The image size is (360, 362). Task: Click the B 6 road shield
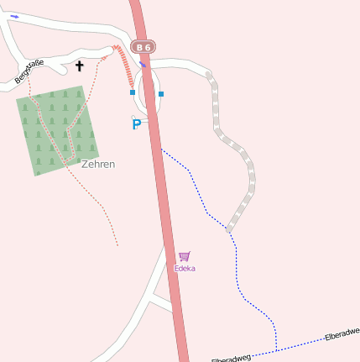[x=144, y=47]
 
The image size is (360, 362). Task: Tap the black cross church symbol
[x=81, y=66]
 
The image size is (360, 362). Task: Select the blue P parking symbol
[x=136, y=124]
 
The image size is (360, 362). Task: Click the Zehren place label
[x=98, y=164]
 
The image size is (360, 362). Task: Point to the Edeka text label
[x=185, y=268]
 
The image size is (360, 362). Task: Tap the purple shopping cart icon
[x=185, y=256]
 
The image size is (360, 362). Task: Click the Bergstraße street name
[x=29, y=71]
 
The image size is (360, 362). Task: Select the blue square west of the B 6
[x=133, y=92]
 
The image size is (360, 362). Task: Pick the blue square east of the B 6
[x=161, y=93]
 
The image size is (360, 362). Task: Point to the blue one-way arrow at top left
[x=15, y=16]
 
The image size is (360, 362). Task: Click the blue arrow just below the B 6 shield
[x=143, y=63]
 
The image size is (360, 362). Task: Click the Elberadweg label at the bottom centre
[x=232, y=359]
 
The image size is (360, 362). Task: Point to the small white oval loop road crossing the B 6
[x=148, y=92]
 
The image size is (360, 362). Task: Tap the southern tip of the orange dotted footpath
[x=117, y=245]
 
